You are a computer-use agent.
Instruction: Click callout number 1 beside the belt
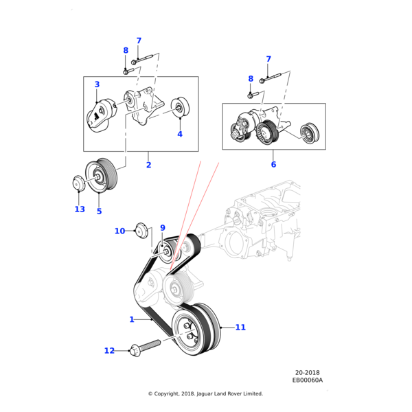132,319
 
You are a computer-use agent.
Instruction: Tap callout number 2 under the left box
148,165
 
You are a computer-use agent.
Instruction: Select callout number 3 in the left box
97,84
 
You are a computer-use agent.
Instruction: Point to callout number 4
180,134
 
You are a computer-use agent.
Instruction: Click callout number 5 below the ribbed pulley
99,211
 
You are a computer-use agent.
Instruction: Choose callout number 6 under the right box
273,165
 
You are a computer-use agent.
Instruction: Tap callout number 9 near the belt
163,227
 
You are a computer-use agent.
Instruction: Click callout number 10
119,231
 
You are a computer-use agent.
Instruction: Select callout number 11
240,328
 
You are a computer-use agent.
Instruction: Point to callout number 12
110,351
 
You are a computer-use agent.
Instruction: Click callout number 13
80,209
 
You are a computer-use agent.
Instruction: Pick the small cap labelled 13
78,183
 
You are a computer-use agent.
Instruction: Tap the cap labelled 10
142,229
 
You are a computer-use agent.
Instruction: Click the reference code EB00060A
307,380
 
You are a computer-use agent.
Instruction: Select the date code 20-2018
308,373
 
